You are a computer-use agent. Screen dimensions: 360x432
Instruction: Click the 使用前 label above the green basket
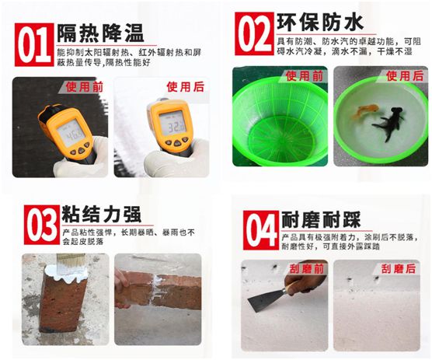(x=302, y=75)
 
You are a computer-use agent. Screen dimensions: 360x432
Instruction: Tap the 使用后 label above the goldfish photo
(x=403, y=75)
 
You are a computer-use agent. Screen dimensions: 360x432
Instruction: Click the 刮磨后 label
(x=397, y=268)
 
